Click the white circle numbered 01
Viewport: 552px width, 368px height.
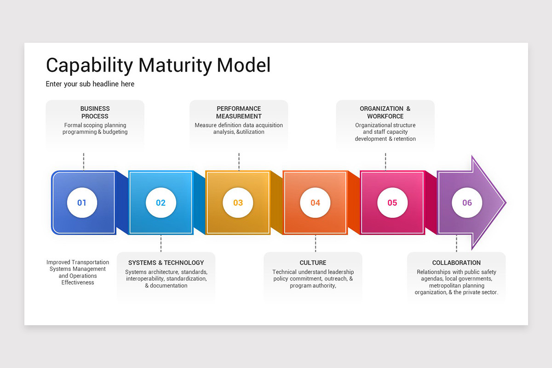(x=82, y=202)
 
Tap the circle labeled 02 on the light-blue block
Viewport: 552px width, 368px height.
(x=161, y=202)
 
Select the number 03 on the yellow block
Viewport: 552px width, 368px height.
(x=238, y=202)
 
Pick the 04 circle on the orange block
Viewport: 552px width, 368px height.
(x=315, y=202)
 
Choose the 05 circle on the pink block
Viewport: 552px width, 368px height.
(x=392, y=202)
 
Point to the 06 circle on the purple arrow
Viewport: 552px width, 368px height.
(x=467, y=202)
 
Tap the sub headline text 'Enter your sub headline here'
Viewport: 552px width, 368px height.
(x=90, y=84)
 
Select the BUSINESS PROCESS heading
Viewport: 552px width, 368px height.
(x=95, y=112)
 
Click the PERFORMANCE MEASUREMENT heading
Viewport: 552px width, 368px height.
(x=239, y=112)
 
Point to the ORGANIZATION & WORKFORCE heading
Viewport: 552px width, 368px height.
(x=385, y=112)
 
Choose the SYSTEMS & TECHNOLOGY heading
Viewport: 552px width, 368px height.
(x=166, y=263)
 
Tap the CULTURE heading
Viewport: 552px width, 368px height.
(x=313, y=263)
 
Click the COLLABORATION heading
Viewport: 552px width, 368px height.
(x=456, y=263)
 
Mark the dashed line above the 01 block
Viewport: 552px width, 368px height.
(x=84, y=161)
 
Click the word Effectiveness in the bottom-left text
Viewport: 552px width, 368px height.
(x=78, y=282)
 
